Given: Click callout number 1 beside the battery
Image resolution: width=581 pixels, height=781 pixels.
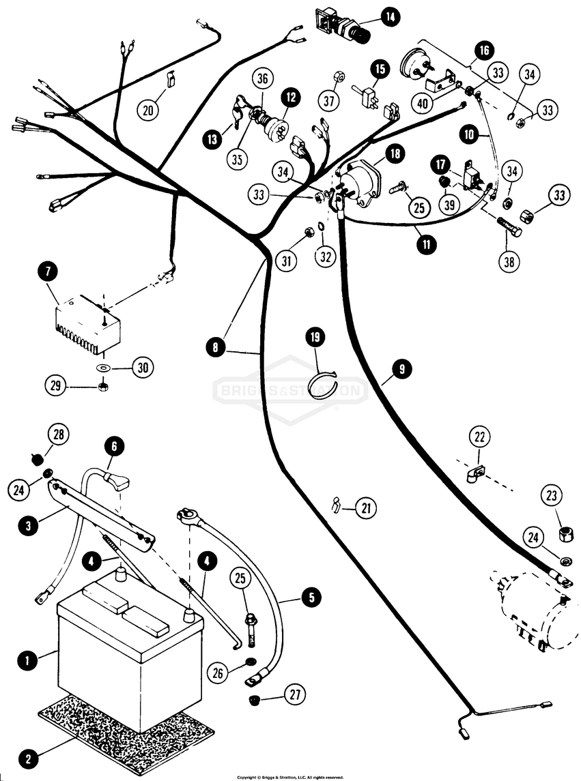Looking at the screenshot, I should point(27,660).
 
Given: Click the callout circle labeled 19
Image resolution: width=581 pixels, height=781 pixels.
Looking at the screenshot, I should point(315,336).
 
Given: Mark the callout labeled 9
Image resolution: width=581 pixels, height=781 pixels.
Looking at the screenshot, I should point(402,369).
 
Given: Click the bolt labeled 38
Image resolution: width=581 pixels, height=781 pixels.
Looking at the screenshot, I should point(508,226).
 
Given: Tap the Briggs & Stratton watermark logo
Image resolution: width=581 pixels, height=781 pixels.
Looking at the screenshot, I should point(291,391).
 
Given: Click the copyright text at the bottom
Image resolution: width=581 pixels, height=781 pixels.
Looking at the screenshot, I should point(290,777).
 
